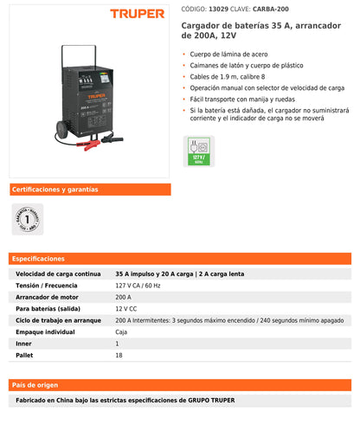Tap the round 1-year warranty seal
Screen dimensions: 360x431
(x=29, y=220)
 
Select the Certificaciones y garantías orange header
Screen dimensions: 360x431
(x=55, y=190)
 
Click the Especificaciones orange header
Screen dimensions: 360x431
(x=39, y=258)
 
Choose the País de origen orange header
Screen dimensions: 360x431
(x=35, y=384)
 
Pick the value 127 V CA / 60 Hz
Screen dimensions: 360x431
(x=139, y=285)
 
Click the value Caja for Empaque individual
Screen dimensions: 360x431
(x=122, y=331)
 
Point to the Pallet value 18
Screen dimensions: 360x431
(x=119, y=355)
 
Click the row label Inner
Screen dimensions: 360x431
(x=24, y=344)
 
